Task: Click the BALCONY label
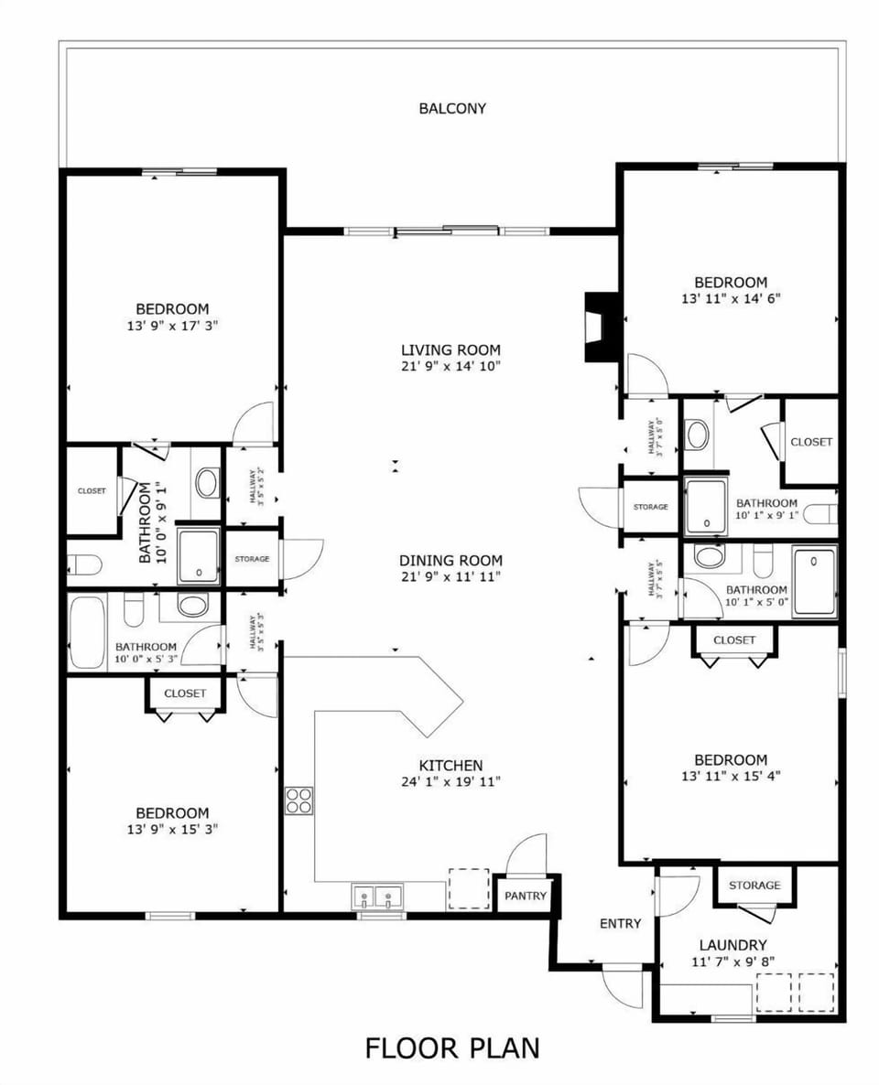(452, 108)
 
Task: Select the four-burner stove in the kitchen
(298, 800)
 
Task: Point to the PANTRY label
(526, 896)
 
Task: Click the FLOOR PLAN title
(452, 1047)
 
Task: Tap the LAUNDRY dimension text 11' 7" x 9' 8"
(732, 962)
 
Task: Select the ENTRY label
(620, 923)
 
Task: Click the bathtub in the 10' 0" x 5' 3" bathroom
(88, 632)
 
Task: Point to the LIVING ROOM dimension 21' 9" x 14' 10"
(450, 366)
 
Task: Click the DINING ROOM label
(450, 561)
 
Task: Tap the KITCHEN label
(450, 765)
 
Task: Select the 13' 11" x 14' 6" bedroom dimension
(730, 298)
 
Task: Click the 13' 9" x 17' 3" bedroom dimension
(172, 325)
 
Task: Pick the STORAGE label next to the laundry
(754, 885)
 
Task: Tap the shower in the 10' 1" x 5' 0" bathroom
(814, 581)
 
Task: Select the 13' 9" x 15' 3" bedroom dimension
(172, 829)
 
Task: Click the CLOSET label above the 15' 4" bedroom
(734, 639)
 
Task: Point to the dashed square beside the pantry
(468, 887)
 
